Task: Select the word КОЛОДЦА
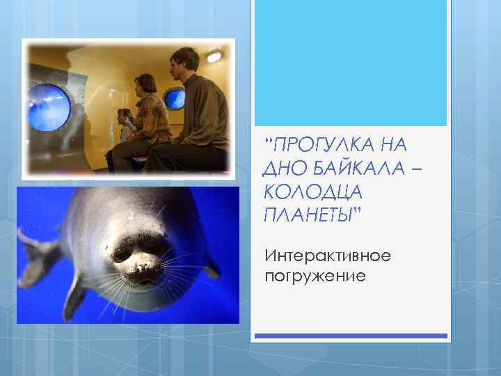(x=303, y=191)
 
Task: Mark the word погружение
(x=315, y=276)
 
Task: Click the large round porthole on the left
(x=49, y=108)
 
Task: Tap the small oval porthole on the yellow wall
(x=175, y=98)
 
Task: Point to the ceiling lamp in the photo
(x=213, y=55)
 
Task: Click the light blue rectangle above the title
(x=350, y=63)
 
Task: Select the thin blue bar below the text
(x=350, y=336)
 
